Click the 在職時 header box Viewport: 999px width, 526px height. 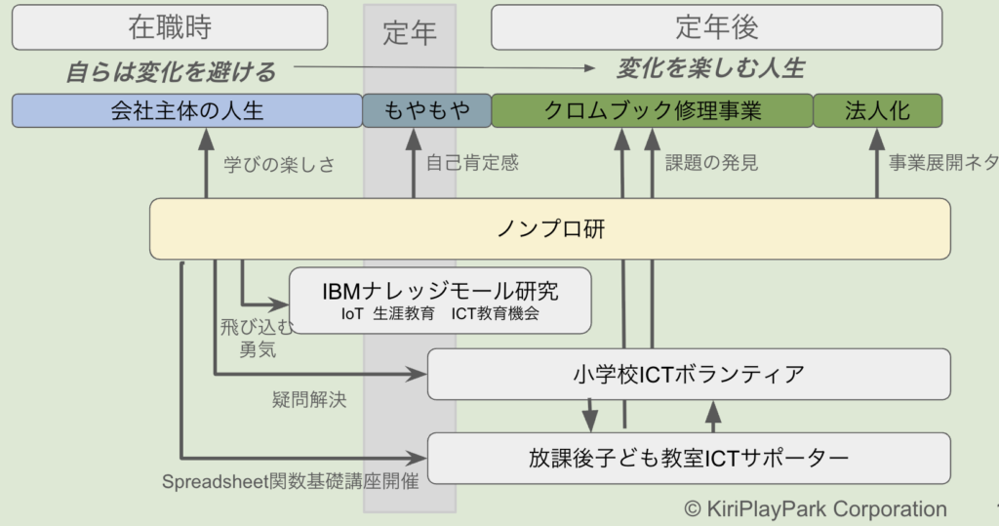[x=170, y=27]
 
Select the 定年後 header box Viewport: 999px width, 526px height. [x=716, y=27]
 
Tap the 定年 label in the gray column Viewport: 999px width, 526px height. [x=410, y=33]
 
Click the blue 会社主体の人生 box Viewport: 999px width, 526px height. [x=186, y=111]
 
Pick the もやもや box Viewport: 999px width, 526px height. [x=426, y=111]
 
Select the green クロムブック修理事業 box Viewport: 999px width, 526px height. [x=652, y=111]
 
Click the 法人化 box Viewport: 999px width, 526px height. [x=877, y=111]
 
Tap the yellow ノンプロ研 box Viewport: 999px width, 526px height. [x=549, y=229]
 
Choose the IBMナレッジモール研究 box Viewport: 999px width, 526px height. [x=441, y=301]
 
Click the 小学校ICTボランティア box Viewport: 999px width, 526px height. [x=689, y=374]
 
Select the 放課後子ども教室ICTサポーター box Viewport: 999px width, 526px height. [x=689, y=458]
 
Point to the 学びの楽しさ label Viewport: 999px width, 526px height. [x=279, y=164]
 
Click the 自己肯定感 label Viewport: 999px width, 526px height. [x=472, y=163]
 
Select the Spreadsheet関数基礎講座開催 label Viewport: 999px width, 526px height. [x=290, y=482]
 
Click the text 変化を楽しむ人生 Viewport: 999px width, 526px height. [x=710, y=68]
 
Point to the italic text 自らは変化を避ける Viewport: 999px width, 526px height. [x=171, y=71]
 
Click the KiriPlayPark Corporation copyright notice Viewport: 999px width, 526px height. [x=816, y=508]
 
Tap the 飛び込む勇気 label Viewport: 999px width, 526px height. [x=257, y=338]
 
